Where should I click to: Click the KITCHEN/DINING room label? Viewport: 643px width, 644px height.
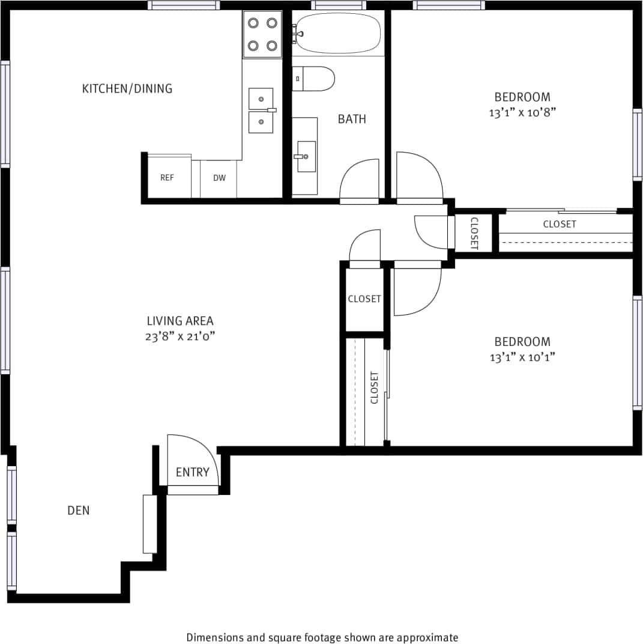tap(127, 89)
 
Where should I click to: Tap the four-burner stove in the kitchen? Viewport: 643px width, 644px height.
tap(262, 34)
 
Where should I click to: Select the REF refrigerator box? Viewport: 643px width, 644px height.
tap(167, 177)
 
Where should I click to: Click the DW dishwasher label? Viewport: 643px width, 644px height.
tap(219, 178)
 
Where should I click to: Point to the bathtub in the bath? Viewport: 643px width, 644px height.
tap(339, 34)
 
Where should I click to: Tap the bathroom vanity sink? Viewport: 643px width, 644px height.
tap(306, 156)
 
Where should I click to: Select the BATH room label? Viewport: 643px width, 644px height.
tap(352, 119)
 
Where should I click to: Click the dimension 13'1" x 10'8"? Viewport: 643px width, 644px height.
tap(522, 112)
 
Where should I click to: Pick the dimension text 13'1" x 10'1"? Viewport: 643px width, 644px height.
tap(522, 357)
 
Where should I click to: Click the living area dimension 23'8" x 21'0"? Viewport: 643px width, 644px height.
tap(180, 336)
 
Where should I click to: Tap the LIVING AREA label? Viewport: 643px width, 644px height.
tap(180, 321)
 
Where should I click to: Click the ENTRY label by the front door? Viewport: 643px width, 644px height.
tap(192, 472)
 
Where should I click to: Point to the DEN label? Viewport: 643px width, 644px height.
tap(78, 511)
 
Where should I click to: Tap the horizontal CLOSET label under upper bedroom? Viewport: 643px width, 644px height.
tap(560, 224)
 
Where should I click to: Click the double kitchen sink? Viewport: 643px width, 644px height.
tap(261, 110)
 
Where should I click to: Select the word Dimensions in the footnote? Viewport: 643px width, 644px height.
tap(214, 637)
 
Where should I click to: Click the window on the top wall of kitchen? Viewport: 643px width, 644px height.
tap(184, 5)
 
